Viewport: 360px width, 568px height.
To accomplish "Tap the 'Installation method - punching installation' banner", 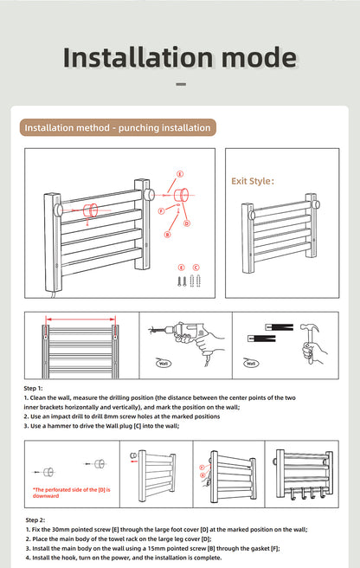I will (117, 128).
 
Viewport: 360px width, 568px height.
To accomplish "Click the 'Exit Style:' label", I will (252, 182).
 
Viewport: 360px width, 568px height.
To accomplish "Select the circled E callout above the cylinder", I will (180, 174).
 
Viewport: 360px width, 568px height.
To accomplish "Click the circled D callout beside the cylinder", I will (187, 223).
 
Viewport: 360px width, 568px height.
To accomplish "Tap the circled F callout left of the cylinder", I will (162, 210).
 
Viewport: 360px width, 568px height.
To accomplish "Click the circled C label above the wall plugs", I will (196, 267).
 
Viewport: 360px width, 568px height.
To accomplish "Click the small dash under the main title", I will (180, 85).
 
